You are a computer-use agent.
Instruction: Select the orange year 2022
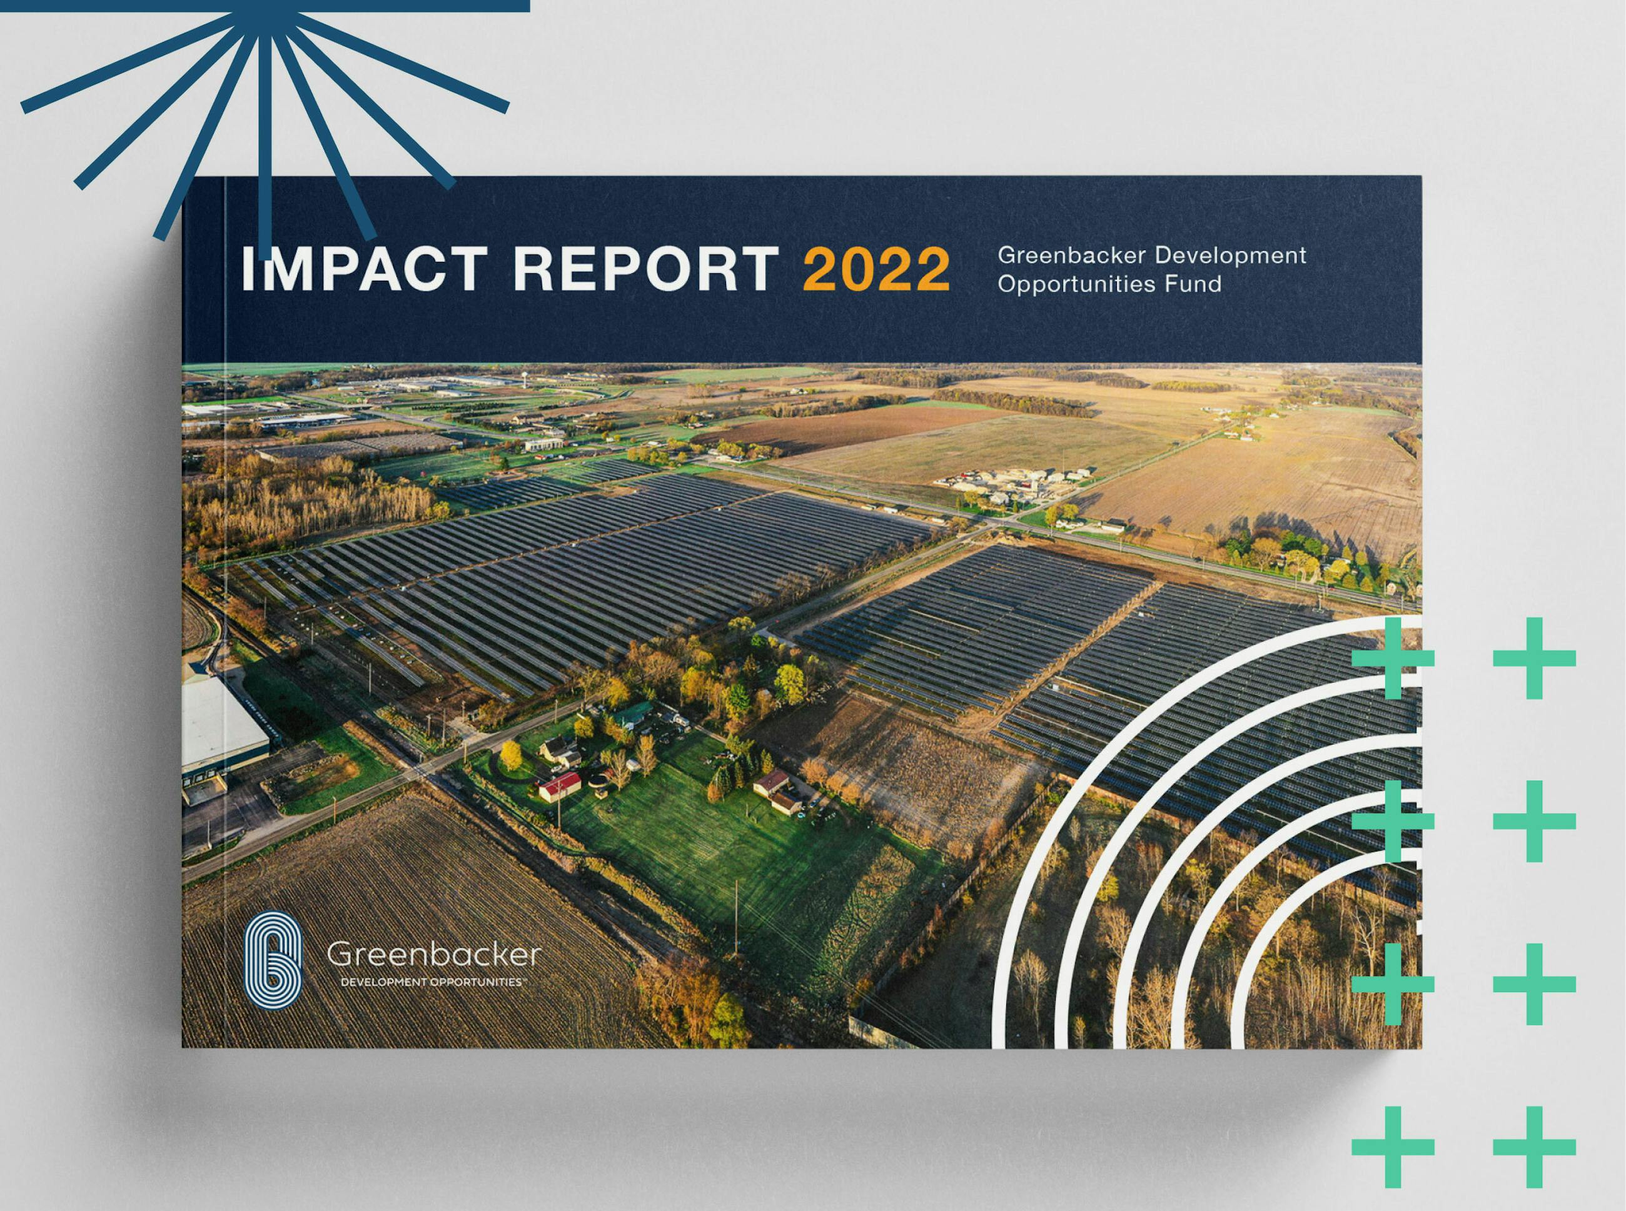[876, 268]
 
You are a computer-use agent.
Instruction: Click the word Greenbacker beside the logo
[433, 955]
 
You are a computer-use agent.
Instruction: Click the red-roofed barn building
[559, 785]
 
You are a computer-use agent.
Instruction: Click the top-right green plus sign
[1534, 658]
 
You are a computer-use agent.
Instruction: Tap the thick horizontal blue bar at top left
[265, 6]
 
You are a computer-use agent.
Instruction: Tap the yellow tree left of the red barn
[510, 755]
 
